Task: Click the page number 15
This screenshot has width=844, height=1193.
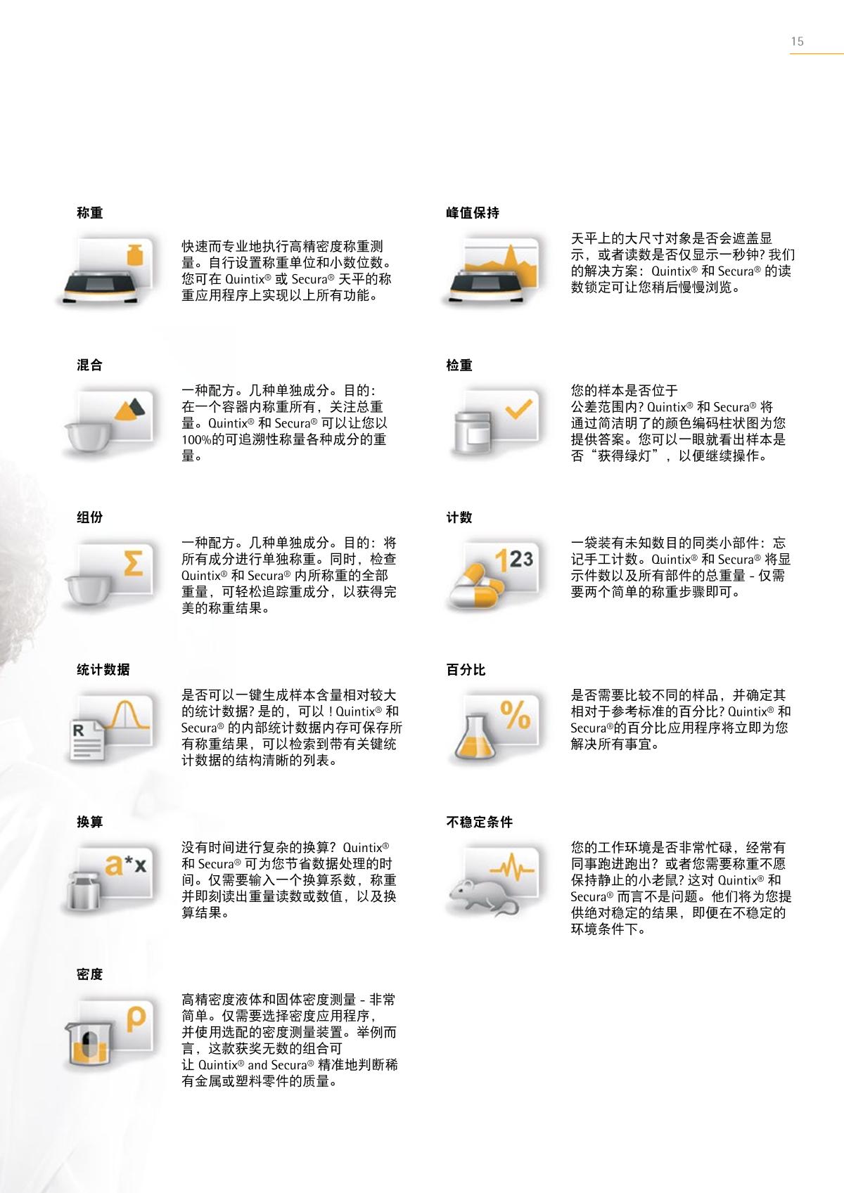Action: [x=797, y=41]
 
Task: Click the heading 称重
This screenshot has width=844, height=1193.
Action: [x=89, y=213]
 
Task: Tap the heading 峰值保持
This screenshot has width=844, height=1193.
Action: [x=473, y=213]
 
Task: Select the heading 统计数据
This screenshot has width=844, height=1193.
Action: [x=103, y=669]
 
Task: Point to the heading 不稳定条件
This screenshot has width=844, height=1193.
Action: [x=480, y=822]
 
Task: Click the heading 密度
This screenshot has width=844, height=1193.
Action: [x=89, y=974]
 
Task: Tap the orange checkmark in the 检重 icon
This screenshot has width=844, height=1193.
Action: [x=518, y=409]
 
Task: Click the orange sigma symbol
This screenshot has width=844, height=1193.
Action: [x=133, y=563]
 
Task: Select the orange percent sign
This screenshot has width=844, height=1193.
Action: [x=516, y=714]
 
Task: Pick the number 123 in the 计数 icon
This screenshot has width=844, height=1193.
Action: [x=513, y=559]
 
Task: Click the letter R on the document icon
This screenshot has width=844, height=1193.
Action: [x=78, y=730]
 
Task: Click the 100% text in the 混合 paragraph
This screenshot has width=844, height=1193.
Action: [x=197, y=440]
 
